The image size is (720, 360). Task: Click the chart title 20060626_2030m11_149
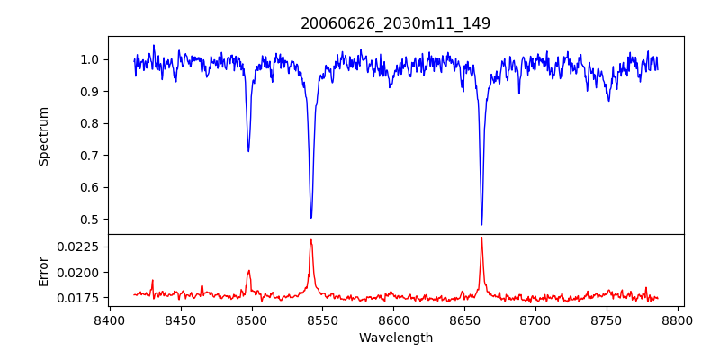coord(396,23)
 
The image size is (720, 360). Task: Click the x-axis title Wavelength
coord(396,337)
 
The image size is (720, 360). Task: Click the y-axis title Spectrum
coord(43,135)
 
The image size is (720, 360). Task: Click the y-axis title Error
coord(43,270)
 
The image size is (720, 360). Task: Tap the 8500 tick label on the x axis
coord(252,319)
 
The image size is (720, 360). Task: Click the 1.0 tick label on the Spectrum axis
coord(89,59)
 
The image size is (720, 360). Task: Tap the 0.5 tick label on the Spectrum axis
coord(89,220)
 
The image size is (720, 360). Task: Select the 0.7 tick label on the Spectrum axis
coord(89,156)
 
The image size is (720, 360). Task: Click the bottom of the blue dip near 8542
coord(311,218)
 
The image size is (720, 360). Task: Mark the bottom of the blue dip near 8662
coord(481,224)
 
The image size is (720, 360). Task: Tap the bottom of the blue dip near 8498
coord(248,151)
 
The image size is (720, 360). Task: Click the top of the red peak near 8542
coord(311,239)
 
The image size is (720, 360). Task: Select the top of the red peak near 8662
coord(481,238)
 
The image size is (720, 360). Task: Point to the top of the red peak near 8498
coord(249,270)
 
